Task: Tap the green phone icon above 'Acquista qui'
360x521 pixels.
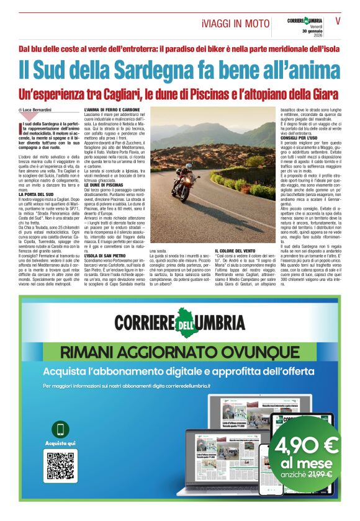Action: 61,429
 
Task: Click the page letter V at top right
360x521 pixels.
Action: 338,20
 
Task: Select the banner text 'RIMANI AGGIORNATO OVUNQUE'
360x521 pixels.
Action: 180,352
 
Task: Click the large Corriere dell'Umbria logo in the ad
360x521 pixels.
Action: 180,323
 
